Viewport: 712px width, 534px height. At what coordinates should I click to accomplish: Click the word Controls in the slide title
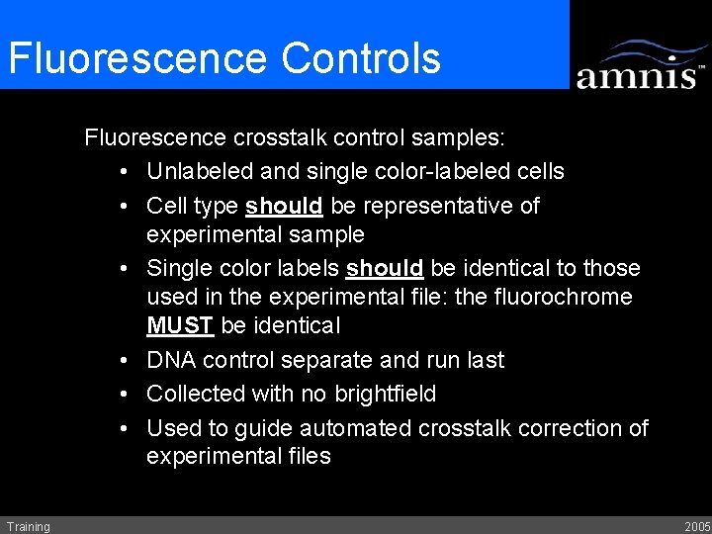point(361,58)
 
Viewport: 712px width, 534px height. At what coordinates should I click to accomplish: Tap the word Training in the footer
point(28,526)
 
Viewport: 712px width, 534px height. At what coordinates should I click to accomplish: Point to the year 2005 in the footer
point(696,526)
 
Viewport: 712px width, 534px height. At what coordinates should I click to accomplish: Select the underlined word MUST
point(179,325)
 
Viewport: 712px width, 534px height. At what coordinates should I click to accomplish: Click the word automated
point(355,428)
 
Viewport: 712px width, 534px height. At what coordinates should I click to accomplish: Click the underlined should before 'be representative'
point(284,206)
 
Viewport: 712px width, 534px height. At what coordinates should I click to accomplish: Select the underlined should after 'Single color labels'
point(385,268)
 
